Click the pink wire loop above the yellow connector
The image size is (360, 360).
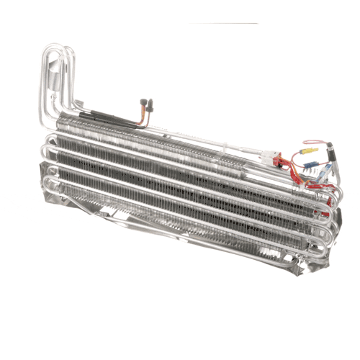[x=315, y=142]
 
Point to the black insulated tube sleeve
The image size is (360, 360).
[x=94, y=115]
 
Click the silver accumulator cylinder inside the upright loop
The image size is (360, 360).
[x=54, y=86]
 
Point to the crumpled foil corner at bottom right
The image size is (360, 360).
[x=317, y=256]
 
